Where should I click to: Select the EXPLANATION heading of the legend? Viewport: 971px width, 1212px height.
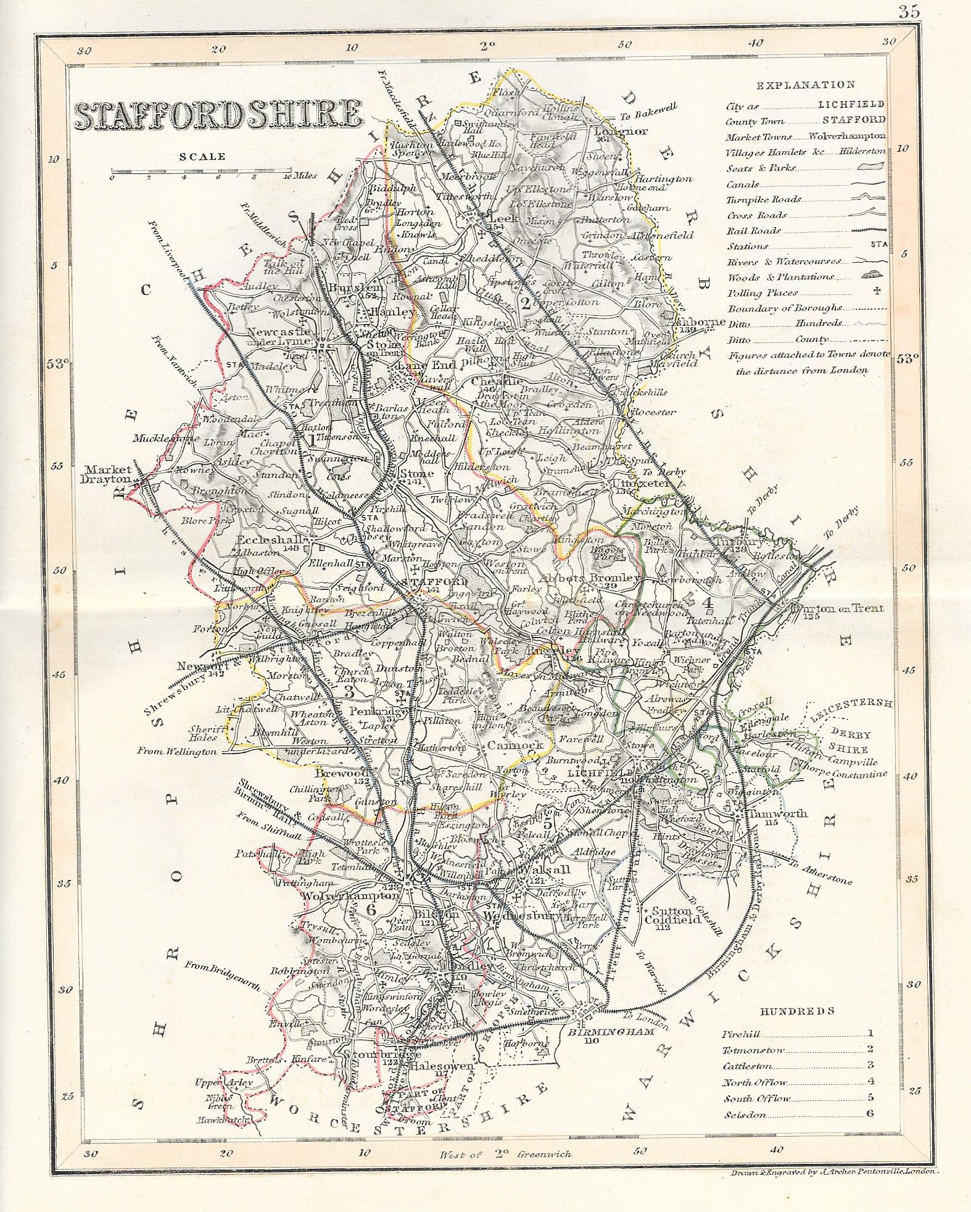pos(805,85)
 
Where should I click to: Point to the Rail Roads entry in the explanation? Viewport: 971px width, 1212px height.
pos(753,231)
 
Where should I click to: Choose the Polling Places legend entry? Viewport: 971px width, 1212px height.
pos(762,293)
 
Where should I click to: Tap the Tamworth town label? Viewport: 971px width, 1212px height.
pos(778,813)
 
